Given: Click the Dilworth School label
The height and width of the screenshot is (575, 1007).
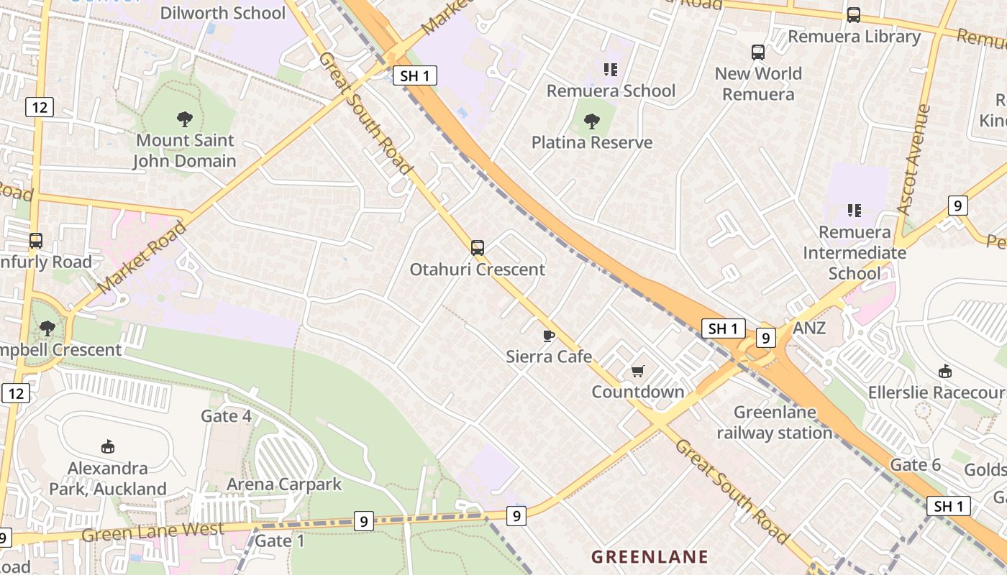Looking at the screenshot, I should click(222, 13).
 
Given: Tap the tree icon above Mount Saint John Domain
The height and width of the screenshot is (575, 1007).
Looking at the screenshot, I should click(185, 119).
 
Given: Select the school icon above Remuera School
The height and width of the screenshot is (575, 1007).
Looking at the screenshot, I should click(611, 70).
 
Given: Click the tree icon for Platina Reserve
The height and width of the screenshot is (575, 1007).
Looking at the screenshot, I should click(592, 121).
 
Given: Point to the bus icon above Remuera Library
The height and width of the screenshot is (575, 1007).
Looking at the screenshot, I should click(854, 15).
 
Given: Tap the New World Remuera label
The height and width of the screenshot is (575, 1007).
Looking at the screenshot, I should click(758, 83).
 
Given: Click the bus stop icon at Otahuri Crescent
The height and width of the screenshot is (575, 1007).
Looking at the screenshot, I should click(478, 248).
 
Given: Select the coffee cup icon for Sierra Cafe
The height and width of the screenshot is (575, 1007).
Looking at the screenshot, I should click(549, 336).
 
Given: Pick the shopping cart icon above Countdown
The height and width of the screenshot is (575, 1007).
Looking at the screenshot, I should click(637, 371).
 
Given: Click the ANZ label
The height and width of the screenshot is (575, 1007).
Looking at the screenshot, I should click(809, 328).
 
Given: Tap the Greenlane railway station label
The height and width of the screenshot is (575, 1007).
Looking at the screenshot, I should click(775, 423).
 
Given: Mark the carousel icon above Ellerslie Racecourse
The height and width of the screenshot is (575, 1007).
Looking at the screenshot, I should click(945, 372).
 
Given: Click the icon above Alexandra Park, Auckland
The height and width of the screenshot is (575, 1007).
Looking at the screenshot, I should click(108, 447).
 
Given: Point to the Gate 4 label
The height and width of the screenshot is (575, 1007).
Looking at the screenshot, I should click(226, 416).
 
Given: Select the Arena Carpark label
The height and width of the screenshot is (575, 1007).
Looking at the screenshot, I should click(284, 484).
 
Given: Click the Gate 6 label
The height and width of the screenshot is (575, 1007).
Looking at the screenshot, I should click(915, 465).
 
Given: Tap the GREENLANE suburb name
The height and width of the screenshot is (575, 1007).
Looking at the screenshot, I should click(650, 556).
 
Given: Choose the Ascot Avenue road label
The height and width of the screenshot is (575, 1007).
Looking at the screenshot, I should click(914, 160).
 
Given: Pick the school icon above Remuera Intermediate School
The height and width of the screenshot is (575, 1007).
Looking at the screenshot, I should click(854, 211).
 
